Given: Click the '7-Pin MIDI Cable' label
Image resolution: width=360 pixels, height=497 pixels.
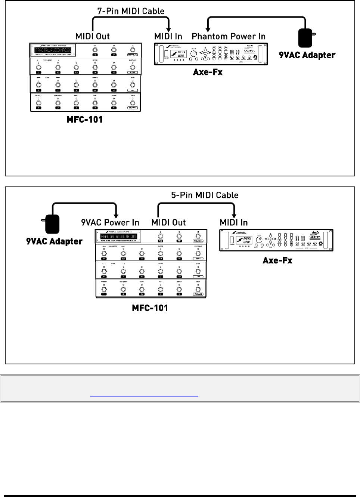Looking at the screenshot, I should (x=131, y=11).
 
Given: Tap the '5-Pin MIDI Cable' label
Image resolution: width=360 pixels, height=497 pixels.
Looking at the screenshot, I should (x=205, y=195).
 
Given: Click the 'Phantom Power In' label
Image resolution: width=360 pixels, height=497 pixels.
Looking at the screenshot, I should (x=229, y=36).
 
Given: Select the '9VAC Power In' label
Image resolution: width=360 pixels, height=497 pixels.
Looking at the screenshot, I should (x=110, y=222).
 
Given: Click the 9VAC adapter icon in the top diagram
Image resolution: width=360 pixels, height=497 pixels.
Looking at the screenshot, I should (x=306, y=38).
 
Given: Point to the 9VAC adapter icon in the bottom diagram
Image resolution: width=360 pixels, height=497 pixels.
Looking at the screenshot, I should (x=52, y=224).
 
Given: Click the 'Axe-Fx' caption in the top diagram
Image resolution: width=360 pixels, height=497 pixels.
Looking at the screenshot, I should (x=208, y=72).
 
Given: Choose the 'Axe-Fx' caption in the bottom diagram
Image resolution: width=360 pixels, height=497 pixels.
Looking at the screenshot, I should (x=277, y=260).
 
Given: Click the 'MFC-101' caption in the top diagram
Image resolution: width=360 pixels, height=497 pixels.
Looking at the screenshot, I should (x=84, y=120).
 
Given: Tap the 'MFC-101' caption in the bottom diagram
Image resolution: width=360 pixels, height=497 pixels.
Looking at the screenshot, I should (x=150, y=308).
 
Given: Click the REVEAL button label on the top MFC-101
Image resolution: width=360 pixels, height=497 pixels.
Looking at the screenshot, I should (x=133, y=55).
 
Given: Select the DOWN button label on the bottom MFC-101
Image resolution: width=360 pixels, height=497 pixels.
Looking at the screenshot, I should (x=198, y=294).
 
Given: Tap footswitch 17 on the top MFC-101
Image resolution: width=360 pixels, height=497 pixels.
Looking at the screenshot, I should (x=114, y=50).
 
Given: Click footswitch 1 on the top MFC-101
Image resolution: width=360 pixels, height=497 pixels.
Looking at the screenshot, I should (x=38, y=103).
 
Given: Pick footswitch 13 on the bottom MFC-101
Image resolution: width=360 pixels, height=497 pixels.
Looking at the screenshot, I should (x=142, y=254).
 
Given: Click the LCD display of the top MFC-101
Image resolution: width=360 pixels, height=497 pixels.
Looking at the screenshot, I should (x=53, y=50).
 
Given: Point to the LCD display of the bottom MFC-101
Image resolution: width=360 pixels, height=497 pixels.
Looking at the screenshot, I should (x=118, y=237).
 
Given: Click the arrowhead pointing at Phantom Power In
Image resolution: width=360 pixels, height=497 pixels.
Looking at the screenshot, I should (x=208, y=30).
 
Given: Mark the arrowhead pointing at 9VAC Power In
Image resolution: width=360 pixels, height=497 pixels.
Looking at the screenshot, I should (x=116, y=216).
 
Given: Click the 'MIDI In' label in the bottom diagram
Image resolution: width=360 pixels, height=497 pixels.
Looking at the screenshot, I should (x=234, y=222).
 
